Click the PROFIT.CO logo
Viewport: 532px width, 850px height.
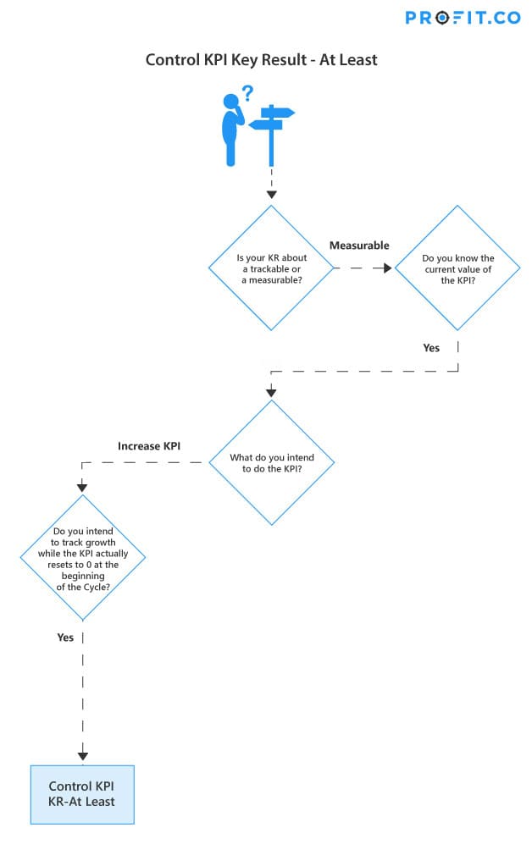[x=462, y=18]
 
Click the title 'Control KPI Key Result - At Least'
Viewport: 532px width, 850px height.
[x=261, y=59]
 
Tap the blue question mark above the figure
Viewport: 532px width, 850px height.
[x=247, y=93]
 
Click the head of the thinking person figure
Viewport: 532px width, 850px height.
[x=231, y=102]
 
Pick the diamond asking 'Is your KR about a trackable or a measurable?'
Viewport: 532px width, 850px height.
[x=271, y=268]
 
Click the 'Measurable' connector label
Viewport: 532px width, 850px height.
[x=359, y=246]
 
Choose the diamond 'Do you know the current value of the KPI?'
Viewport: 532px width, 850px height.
[x=457, y=268]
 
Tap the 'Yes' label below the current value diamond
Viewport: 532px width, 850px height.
[x=431, y=348]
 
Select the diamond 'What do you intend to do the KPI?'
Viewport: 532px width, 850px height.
[x=271, y=462]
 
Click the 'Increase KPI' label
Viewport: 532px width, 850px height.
[x=148, y=446]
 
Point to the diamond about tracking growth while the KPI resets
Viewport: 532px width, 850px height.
[x=82, y=557]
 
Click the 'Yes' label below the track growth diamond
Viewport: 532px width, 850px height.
[x=65, y=637]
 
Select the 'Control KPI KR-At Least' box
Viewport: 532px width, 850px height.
[x=82, y=794]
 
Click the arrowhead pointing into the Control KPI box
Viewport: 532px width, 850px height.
[x=82, y=756]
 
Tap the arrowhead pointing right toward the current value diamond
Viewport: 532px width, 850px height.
[x=387, y=268]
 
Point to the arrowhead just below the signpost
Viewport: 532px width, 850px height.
[x=272, y=195]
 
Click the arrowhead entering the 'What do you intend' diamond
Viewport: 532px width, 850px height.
[x=271, y=392]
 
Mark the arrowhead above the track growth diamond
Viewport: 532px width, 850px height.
[x=82, y=488]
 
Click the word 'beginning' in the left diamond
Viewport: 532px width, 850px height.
[x=82, y=576]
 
